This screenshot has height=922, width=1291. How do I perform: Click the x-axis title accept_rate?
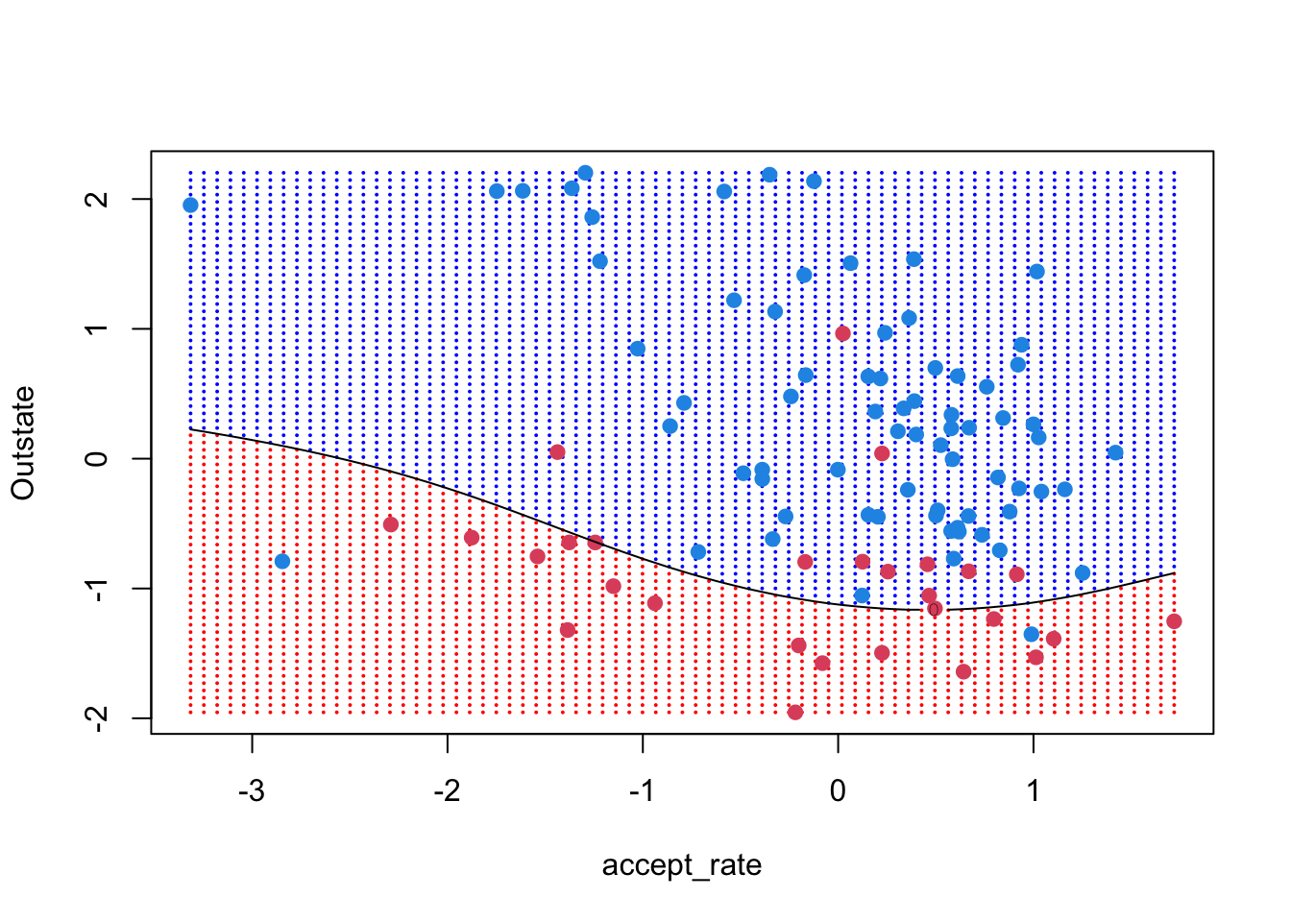click(x=681, y=865)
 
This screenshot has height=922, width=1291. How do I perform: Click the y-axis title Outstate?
click(x=23, y=443)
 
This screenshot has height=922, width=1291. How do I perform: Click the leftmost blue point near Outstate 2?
click(x=190, y=205)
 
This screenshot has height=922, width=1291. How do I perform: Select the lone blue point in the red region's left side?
click(x=281, y=561)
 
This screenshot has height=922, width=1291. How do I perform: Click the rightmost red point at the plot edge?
click(x=1174, y=621)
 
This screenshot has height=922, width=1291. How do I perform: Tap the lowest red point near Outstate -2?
click(x=795, y=712)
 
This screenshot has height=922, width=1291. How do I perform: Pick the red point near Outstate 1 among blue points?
click(x=842, y=333)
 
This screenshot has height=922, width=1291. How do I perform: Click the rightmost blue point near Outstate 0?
click(x=1115, y=452)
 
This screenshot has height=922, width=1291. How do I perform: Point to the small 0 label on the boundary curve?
click(x=933, y=609)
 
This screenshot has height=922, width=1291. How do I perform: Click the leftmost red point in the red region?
click(x=390, y=524)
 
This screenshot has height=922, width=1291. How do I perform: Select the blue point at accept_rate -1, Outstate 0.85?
click(x=637, y=349)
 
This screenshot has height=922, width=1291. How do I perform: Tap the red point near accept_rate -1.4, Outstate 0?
click(x=557, y=452)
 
